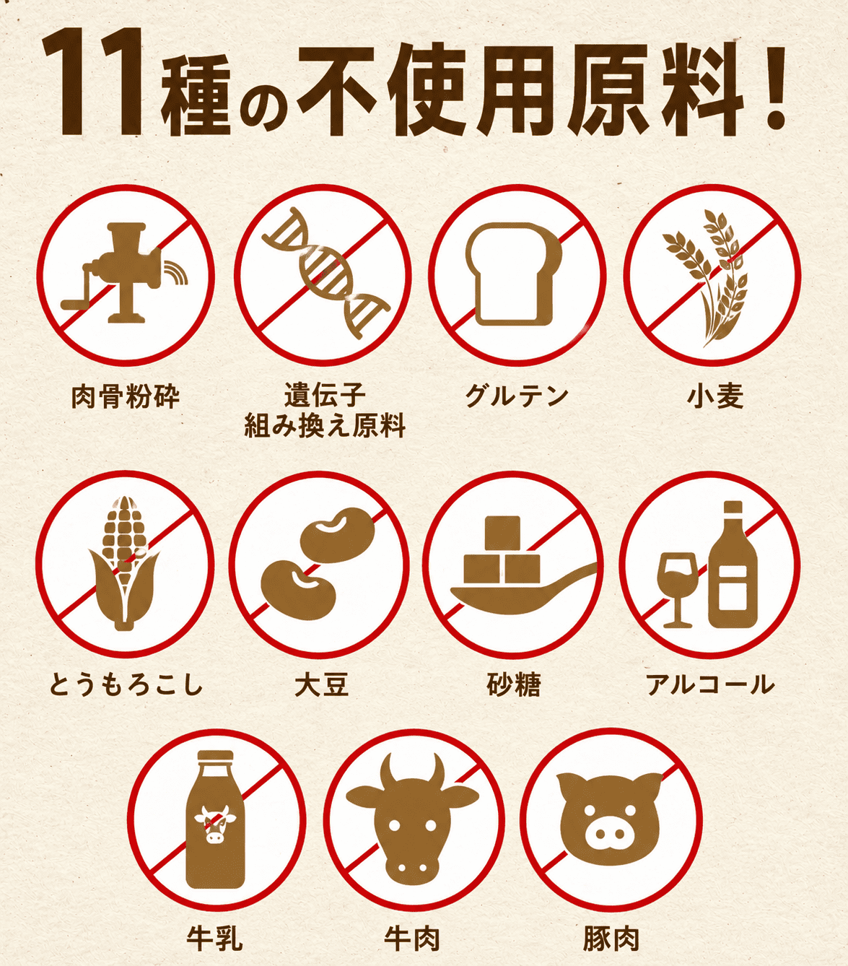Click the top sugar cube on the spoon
(502, 534)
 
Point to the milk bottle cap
(216, 757)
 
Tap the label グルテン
(517, 396)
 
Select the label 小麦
(715, 396)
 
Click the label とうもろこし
(126, 684)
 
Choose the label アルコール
(710, 684)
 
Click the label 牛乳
(214, 939)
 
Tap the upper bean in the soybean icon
(338, 534)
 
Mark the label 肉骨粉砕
(126, 396)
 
